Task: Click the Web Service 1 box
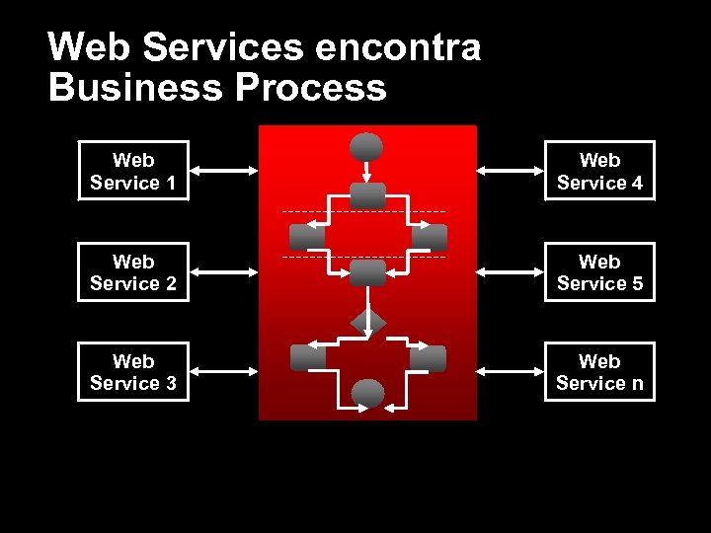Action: coord(133,172)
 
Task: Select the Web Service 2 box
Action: coord(133,272)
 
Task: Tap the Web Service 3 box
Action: coord(133,372)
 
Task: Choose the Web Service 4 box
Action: coord(599,172)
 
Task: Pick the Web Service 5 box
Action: coord(599,272)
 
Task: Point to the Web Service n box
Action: coord(599,372)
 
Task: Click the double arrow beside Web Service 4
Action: coord(510,171)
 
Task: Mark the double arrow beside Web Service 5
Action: coord(510,271)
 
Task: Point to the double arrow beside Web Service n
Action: coord(510,372)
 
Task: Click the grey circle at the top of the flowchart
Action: coord(366,147)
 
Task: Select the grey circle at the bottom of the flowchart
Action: coord(368,394)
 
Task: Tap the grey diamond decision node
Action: coord(368,322)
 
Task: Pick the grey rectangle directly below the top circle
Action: coord(367,195)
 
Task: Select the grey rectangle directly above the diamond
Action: coord(367,272)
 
